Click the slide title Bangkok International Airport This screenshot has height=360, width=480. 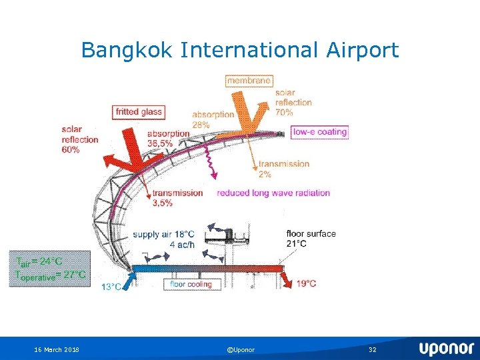click(240, 50)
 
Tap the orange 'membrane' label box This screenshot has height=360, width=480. click(249, 81)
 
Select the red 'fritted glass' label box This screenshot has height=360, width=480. click(139, 112)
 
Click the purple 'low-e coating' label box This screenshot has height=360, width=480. click(320, 132)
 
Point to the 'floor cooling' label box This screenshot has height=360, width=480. click(191, 285)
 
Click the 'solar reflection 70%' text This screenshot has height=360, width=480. click(293, 103)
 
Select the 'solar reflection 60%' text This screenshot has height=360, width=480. click(80, 139)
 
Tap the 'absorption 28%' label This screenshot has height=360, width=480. click(213, 119)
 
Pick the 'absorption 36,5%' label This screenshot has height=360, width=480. click(168, 137)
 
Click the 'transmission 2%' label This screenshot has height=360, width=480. click(284, 169)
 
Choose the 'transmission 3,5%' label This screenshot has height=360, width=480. click(177, 197)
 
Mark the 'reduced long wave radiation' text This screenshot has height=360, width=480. click(273, 193)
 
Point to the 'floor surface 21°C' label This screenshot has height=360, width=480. click(311, 238)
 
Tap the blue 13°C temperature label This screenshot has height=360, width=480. click(111, 287)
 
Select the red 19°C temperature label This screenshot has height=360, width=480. click(306, 284)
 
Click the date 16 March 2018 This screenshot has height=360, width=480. click(57, 349)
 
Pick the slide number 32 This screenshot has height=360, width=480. click(372, 349)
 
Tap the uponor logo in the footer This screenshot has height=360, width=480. click(446, 349)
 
